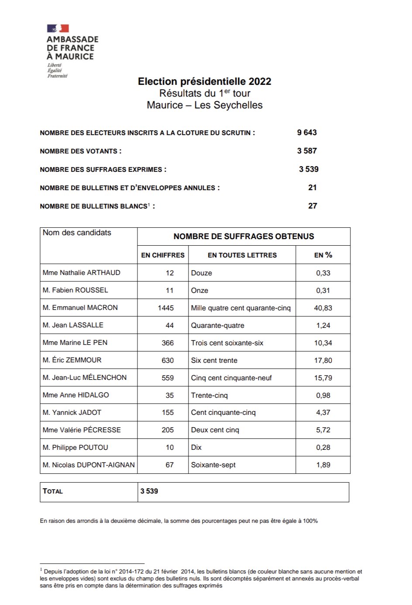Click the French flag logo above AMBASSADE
(x=58, y=28)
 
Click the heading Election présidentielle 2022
(x=204, y=81)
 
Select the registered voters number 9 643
(x=307, y=132)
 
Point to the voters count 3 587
(x=307, y=151)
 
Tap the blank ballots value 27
(x=312, y=206)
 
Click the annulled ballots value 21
(x=312, y=188)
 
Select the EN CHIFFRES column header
(x=163, y=255)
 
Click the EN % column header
(x=323, y=255)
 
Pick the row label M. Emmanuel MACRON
(x=80, y=308)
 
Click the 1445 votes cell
(x=165, y=308)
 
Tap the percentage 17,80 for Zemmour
(x=323, y=360)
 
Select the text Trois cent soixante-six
(x=227, y=343)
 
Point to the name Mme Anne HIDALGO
(x=76, y=395)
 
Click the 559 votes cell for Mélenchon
(x=168, y=378)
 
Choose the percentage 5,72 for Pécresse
(x=323, y=430)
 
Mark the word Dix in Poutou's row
(x=196, y=448)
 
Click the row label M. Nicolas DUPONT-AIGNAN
(x=89, y=465)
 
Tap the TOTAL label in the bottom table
(x=53, y=491)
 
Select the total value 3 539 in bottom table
(x=149, y=491)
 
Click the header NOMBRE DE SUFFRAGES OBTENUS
(x=244, y=236)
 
